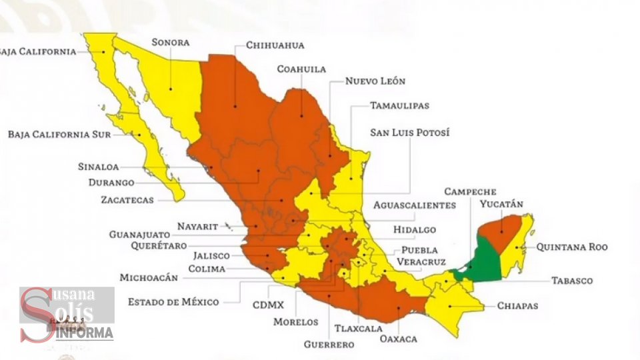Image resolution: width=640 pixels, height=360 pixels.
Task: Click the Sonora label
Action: (x=170, y=43)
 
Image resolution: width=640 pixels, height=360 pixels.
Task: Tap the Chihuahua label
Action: (x=275, y=45)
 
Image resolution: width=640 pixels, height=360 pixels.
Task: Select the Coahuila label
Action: (x=301, y=69)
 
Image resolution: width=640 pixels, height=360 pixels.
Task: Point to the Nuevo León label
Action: (x=375, y=81)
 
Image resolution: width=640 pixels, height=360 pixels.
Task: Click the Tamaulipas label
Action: (x=400, y=105)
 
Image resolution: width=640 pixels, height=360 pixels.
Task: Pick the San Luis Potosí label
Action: (x=409, y=133)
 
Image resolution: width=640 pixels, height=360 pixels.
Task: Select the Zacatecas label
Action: (x=127, y=199)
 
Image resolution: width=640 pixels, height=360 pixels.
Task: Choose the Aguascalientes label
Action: (x=414, y=205)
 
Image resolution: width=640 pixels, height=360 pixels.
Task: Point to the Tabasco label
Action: (x=571, y=281)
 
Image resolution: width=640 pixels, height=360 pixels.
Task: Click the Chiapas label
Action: (x=517, y=306)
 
